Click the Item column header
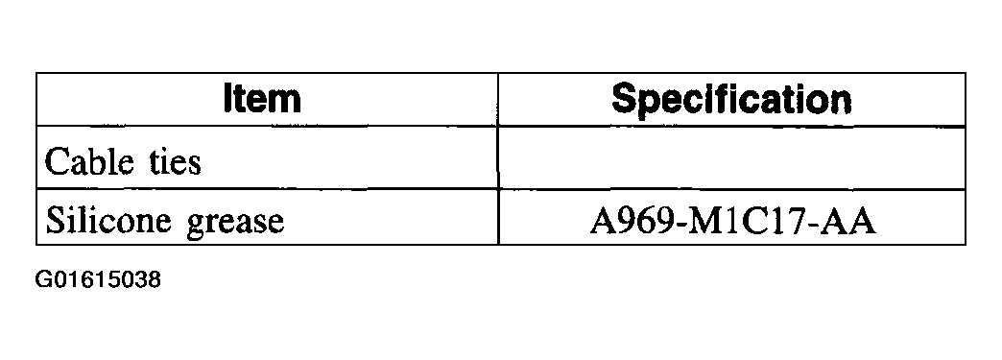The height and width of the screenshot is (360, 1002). click(261, 99)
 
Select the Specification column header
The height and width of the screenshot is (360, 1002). click(731, 99)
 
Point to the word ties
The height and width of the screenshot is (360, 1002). click(173, 160)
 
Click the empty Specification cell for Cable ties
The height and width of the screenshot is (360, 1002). click(731, 159)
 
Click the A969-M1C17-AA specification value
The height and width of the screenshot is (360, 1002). click(731, 222)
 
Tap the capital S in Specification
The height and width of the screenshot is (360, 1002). click(625, 99)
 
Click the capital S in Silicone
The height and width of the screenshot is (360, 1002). click(55, 221)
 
